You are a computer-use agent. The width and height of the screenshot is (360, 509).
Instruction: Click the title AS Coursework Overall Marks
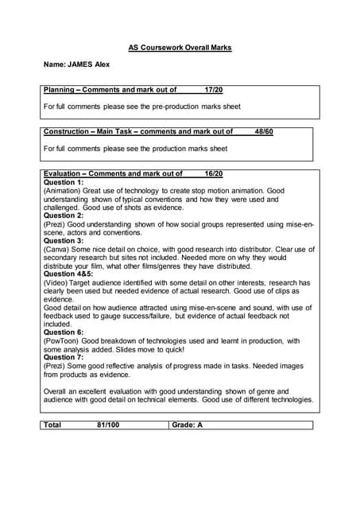coord(180,48)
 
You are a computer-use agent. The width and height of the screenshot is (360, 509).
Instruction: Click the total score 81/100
coord(104,425)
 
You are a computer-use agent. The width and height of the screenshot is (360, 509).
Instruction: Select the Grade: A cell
coord(188,425)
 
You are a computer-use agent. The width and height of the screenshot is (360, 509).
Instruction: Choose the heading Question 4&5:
coord(68,274)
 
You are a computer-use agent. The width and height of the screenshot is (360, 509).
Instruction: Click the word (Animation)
coord(62,191)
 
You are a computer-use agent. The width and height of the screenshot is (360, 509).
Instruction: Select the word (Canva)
coord(56,249)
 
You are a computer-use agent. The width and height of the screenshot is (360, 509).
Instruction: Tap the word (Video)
coord(56,282)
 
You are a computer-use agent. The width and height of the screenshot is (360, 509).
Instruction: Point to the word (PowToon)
coord(61,340)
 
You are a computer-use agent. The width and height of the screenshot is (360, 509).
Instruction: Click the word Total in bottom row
coord(53,425)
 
